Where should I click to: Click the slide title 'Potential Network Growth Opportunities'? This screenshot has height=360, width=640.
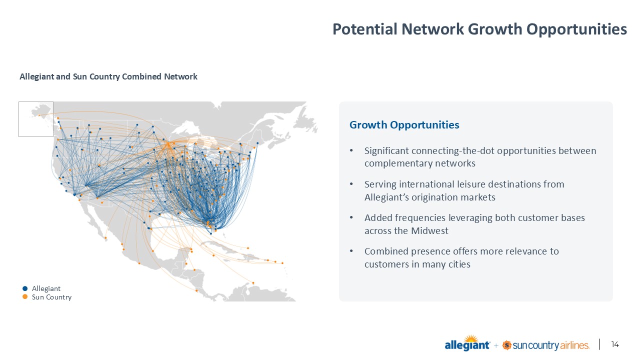point(479,29)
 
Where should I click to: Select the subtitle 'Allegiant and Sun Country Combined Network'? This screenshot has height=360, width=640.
point(108,76)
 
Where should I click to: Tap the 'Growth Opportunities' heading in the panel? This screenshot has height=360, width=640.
point(404,125)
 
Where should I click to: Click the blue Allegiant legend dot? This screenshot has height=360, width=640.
point(25,288)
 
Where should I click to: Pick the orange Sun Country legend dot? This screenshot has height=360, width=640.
point(25,297)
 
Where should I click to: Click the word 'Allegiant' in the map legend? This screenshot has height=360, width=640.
point(46,288)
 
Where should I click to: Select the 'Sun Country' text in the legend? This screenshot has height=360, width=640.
point(51,297)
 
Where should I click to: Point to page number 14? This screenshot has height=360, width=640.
point(615,344)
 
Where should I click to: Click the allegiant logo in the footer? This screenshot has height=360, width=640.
point(467,343)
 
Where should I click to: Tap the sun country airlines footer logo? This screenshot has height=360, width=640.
point(545,345)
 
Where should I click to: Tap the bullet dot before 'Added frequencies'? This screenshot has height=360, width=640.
point(351,218)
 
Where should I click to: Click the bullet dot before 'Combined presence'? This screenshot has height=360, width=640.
point(351,251)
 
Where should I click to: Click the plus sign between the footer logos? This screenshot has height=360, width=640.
point(496,345)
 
